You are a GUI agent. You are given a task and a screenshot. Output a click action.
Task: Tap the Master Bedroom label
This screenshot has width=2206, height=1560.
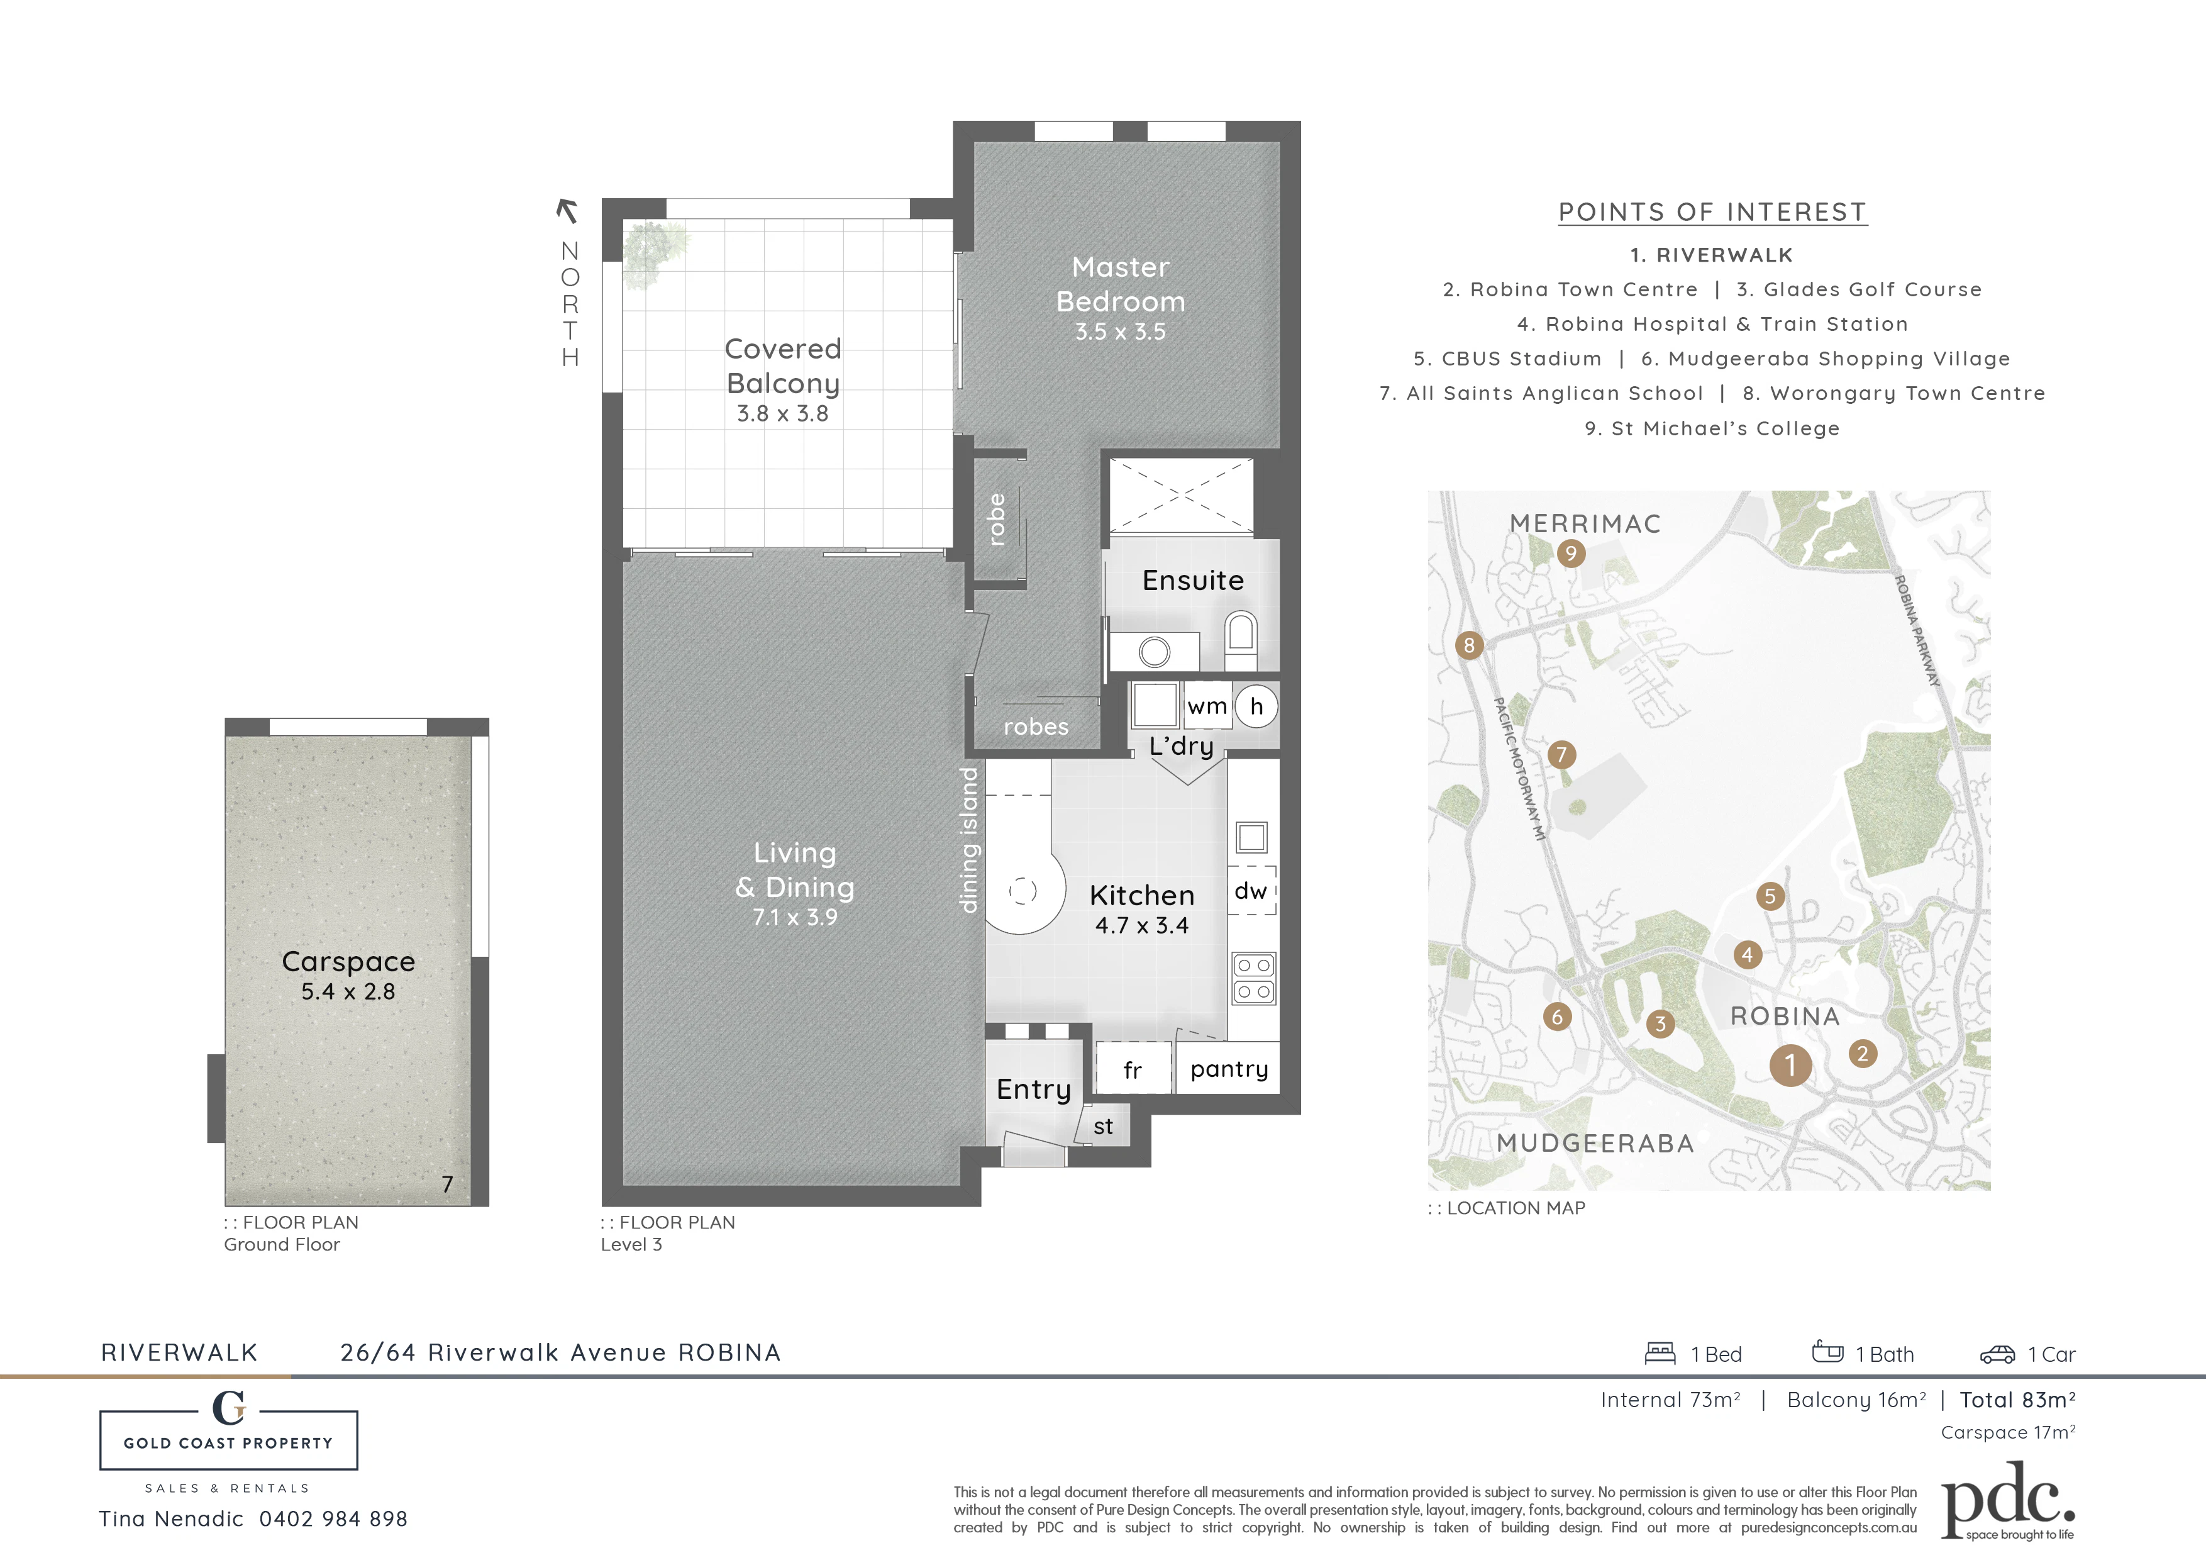point(1121,284)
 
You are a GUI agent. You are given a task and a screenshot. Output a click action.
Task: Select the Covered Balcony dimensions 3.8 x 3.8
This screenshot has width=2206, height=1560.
point(782,413)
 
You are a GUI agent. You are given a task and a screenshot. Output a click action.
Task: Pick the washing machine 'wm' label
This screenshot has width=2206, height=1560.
point(1207,706)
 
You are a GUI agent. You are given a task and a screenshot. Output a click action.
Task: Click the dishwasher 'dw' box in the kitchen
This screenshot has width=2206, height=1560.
point(1251,891)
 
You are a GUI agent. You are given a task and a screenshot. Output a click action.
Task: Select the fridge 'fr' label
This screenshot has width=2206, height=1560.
point(1133,1070)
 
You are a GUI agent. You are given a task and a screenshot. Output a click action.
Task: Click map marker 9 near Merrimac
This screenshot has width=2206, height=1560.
point(1570,553)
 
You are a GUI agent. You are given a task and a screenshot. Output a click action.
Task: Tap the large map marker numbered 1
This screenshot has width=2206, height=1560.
point(1790,1065)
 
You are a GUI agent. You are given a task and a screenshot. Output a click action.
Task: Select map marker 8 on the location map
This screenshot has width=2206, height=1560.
point(1468,645)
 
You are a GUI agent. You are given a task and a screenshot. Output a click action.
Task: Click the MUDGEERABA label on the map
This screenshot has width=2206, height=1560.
point(1595,1144)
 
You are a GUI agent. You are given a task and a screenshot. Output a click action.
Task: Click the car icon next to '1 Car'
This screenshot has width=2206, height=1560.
point(1997,1354)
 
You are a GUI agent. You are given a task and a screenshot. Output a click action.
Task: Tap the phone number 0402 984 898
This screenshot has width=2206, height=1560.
point(333,1518)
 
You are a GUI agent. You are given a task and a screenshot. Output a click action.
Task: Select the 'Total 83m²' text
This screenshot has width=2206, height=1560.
point(2018,1400)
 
